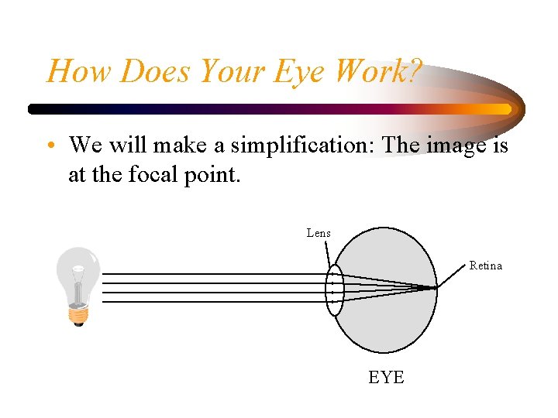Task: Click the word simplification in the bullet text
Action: (x=305, y=145)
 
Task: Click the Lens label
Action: (x=319, y=233)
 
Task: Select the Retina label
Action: (x=486, y=266)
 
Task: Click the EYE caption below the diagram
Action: (x=386, y=377)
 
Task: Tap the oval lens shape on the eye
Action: (x=334, y=290)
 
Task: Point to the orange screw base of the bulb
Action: (x=77, y=314)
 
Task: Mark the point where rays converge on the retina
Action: (x=436, y=288)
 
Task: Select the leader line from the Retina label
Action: (x=453, y=276)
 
